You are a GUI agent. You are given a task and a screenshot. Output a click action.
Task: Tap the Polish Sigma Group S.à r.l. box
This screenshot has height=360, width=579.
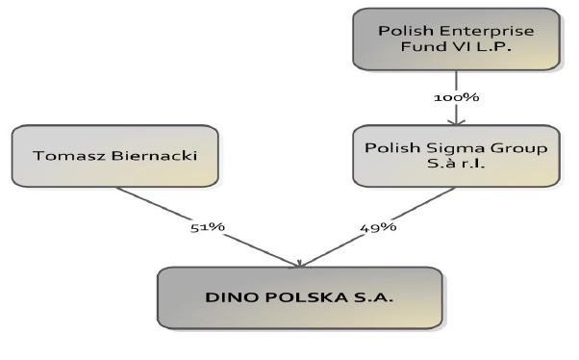(455, 156)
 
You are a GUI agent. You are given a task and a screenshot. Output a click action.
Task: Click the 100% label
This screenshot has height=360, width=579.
(456, 97)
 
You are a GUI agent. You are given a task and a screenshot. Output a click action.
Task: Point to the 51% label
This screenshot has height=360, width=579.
(208, 227)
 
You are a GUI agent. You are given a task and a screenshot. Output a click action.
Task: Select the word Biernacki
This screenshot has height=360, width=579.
(148, 156)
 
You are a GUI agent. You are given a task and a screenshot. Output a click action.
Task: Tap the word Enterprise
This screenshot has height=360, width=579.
(478, 32)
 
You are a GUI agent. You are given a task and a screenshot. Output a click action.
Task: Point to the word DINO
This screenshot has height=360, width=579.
(227, 297)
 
